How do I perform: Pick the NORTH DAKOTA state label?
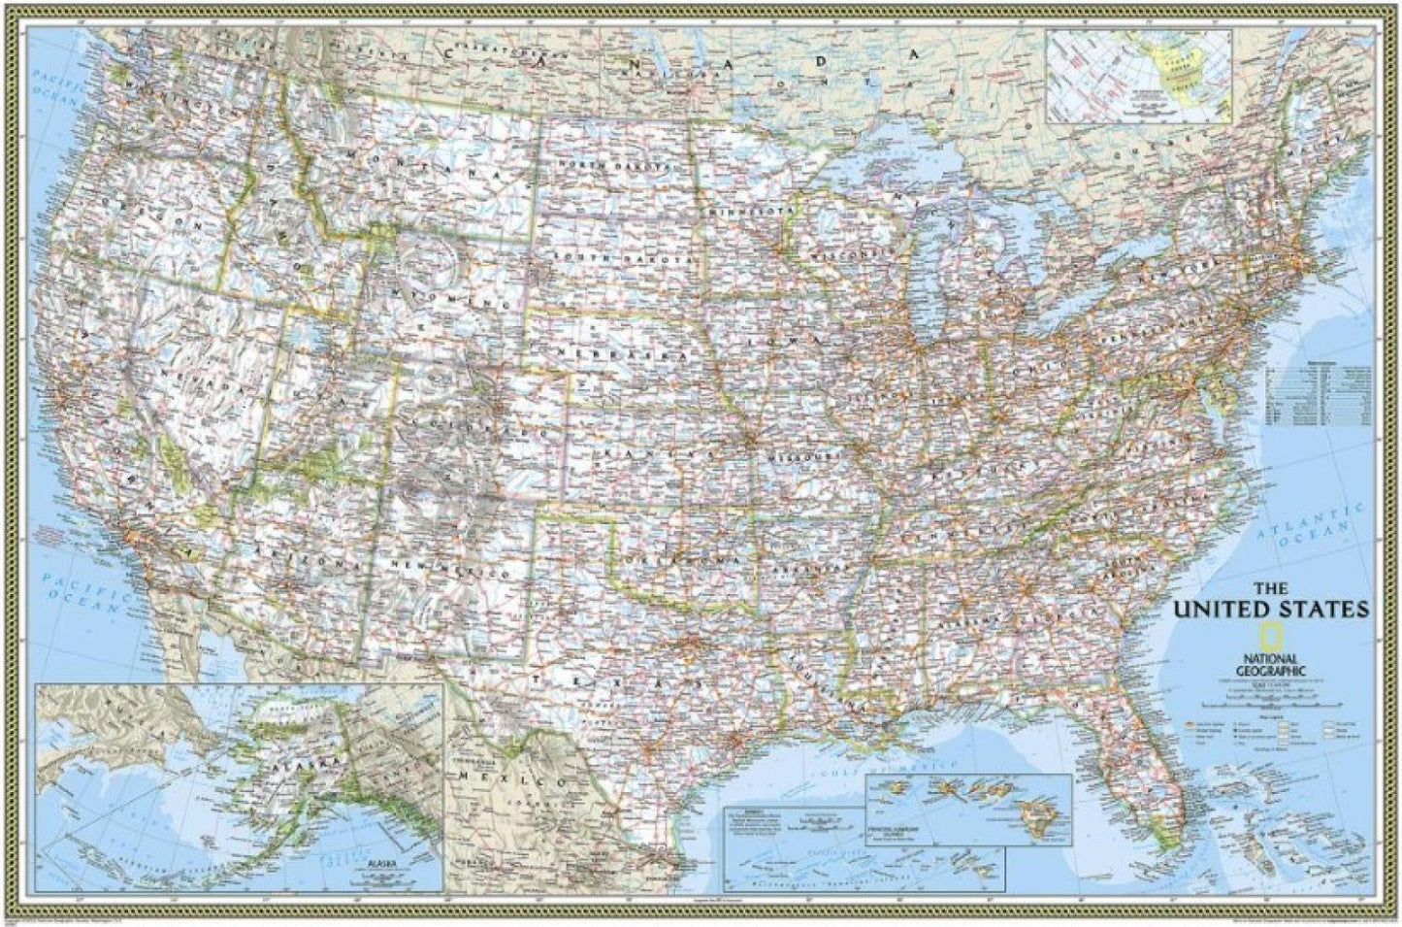point(613,166)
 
